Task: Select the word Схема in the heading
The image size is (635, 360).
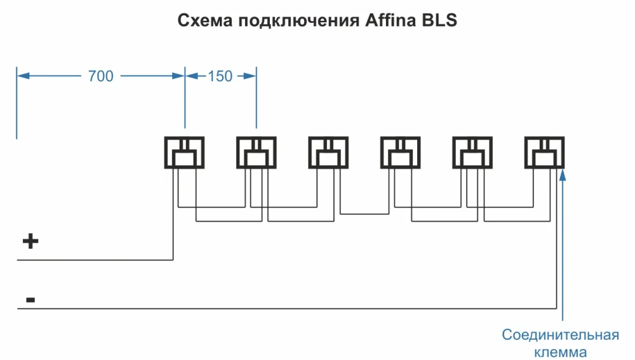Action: point(205,20)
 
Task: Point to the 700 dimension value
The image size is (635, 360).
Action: point(100,76)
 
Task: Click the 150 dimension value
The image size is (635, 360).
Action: point(220,76)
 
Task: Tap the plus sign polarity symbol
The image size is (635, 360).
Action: point(30,241)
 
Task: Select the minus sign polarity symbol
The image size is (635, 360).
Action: point(30,298)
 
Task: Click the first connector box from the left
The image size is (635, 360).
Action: point(185,152)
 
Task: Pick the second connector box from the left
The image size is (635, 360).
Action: point(257,152)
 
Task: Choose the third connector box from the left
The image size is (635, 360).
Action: point(328,152)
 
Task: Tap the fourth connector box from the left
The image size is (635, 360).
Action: point(400,152)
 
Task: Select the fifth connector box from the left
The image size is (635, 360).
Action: point(472,152)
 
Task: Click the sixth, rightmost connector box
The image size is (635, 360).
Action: point(544,152)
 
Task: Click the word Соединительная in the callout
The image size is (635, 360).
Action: point(560,335)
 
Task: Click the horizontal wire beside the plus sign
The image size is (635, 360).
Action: point(95,260)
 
